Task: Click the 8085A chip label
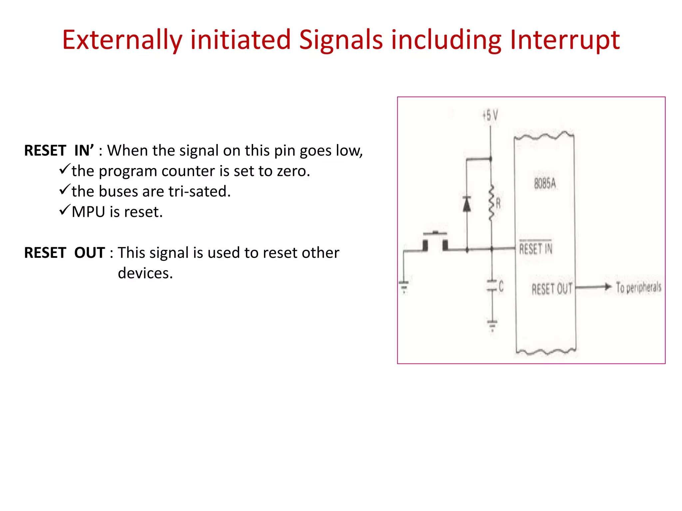pyautogui.click(x=545, y=183)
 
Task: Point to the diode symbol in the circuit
pyautogui.click(x=467, y=204)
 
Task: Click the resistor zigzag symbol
pyautogui.click(x=491, y=203)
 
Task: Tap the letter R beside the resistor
pyautogui.click(x=498, y=203)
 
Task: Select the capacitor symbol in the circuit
pyautogui.click(x=492, y=286)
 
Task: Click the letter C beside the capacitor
pyautogui.click(x=501, y=286)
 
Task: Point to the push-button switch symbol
pyautogui.click(x=435, y=242)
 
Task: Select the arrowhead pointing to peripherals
pyautogui.click(x=608, y=287)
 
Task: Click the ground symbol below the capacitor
pyautogui.click(x=492, y=324)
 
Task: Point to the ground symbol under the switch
pyautogui.click(x=404, y=286)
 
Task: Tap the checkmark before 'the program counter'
pyautogui.click(x=65, y=169)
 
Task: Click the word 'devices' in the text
pyautogui.click(x=145, y=273)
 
